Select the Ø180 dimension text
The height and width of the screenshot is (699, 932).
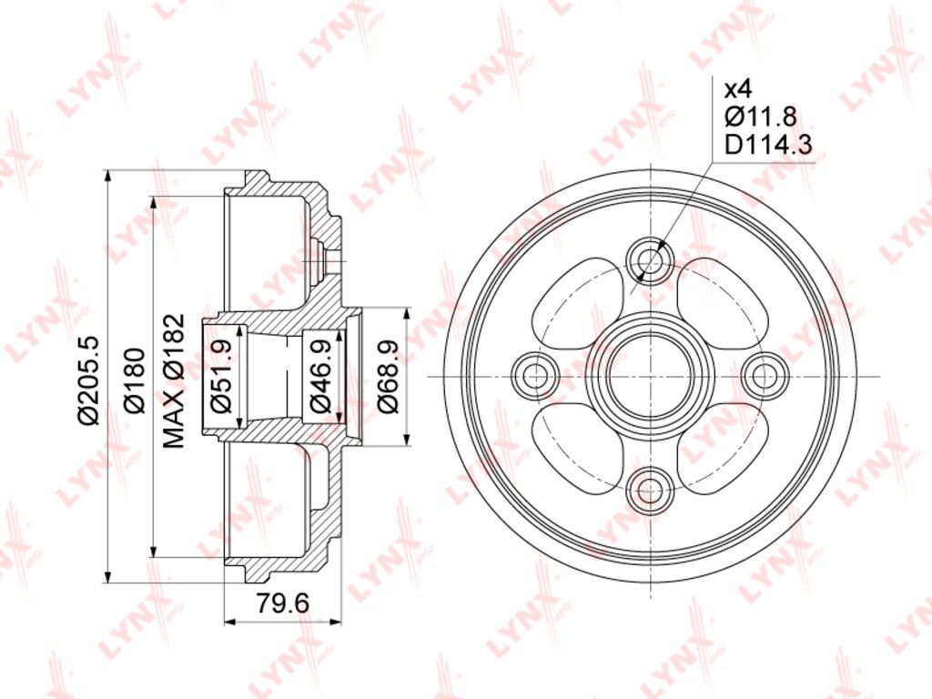pos(135,380)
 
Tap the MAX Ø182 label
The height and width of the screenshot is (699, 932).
pos(174,381)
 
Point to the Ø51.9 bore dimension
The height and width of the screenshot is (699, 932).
pos(221,376)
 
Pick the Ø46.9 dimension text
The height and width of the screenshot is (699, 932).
pos(321,376)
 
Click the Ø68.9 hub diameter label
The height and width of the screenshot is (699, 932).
pos(388,376)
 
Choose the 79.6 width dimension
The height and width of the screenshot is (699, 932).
pos(283,603)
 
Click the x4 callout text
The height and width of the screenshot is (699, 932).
pos(738,89)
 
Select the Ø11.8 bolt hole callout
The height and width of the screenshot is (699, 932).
pos(760,116)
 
